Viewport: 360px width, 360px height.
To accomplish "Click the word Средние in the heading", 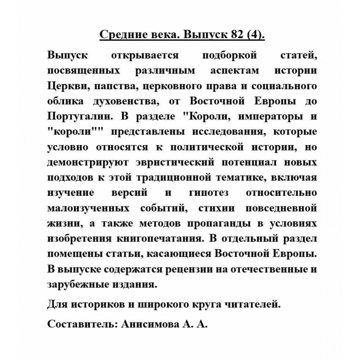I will click(118, 36).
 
